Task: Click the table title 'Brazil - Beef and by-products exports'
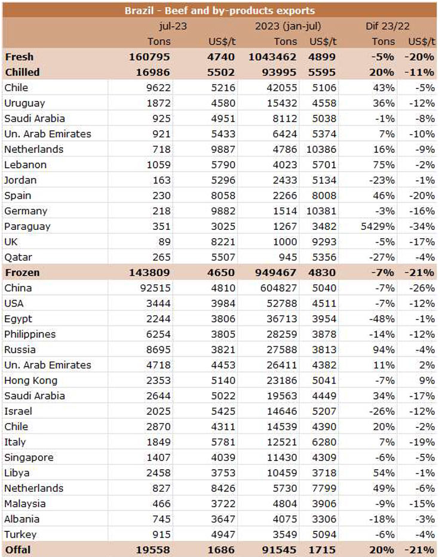[x=219, y=11]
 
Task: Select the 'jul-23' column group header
[x=173, y=26]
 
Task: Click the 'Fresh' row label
[x=19, y=57]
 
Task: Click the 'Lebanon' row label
[x=25, y=164]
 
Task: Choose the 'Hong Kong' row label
[x=30, y=380]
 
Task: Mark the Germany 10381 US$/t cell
[x=322, y=211]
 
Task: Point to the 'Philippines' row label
[x=30, y=334]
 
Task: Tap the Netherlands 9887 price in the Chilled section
[x=221, y=149]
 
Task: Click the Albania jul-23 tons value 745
[x=160, y=519]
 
